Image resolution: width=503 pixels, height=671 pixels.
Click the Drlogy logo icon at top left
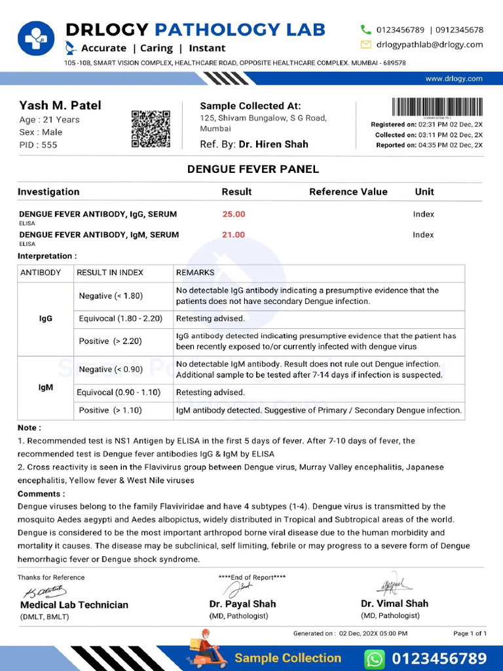click(37, 39)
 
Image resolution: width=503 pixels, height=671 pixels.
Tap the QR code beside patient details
click(151, 128)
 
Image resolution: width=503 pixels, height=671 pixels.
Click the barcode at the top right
click(437, 107)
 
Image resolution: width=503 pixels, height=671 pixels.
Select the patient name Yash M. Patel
click(60, 105)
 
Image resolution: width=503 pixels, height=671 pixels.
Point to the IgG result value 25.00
click(234, 214)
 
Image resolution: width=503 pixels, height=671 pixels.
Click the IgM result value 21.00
click(234, 235)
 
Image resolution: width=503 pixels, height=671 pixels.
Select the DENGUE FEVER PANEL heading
click(253, 169)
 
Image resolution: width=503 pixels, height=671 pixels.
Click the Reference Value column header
click(348, 192)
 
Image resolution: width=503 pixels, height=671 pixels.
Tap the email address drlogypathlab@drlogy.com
click(429, 45)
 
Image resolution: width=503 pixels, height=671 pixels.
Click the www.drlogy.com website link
click(453, 79)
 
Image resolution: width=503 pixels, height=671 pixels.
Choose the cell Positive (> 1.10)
click(110, 410)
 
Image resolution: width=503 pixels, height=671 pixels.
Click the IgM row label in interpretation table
click(46, 387)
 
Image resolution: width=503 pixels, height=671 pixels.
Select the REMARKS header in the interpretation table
click(195, 273)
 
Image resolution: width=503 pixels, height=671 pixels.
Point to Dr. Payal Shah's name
click(242, 604)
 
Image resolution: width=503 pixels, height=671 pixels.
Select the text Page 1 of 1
click(470, 634)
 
